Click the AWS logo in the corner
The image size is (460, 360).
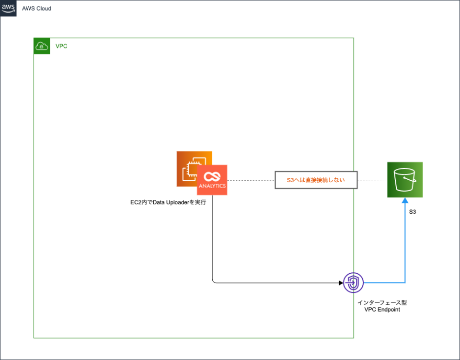click(x=8, y=8)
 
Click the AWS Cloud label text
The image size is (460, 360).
click(x=36, y=9)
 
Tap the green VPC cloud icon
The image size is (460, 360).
click(x=42, y=46)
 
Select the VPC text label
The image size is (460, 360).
click(x=61, y=46)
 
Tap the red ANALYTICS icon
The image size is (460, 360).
click(x=212, y=180)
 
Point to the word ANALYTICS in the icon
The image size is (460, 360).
click(x=212, y=186)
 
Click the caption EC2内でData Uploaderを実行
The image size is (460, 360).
click(x=165, y=203)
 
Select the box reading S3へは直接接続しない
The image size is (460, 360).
click(x=316, y=180)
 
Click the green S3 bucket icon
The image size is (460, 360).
click(x=405, y=180)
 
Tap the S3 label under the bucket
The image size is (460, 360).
click(x=412, y=211)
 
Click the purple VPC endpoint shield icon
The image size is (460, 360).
click(x=354, y=283)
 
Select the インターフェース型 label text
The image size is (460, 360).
click(x=382, y=303)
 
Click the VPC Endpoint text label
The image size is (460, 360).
click(x=382, y=310)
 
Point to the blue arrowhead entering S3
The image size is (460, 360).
click(x=405, y=201)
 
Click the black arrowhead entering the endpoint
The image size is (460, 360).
click(x=341, y=283)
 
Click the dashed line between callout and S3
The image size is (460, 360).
click(x=372, y=180)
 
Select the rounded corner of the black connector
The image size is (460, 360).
click(x=213, y=281)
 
